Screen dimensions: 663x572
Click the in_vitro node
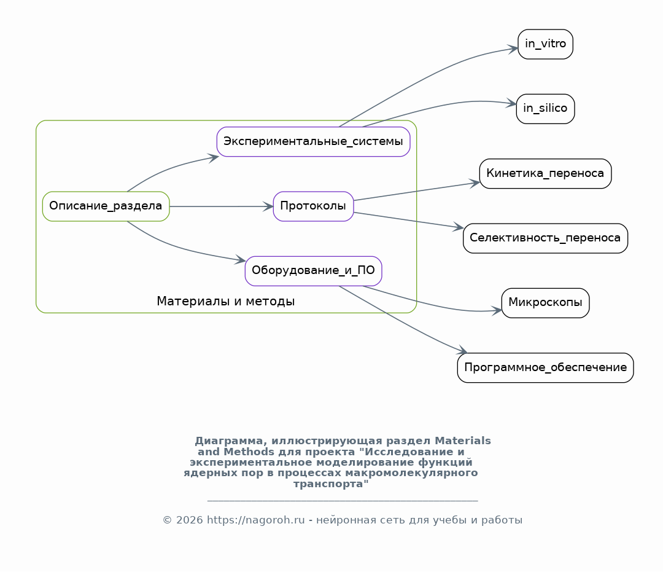(545, 44)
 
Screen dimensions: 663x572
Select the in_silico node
(545, 109)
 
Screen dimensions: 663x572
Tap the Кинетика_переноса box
(545, 173)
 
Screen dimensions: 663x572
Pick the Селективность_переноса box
(545, 238)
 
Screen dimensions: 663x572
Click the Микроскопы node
(545, 303)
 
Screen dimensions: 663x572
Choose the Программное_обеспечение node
(545, 367)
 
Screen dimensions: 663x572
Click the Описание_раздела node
(106, 206)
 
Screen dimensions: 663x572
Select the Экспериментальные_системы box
(313, 141)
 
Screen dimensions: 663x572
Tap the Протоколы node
(313, 206)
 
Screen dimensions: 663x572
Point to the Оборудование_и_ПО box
(313, 271)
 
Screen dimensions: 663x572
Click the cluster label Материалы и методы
(226, 301)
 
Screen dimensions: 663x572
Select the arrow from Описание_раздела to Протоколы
(221, 206)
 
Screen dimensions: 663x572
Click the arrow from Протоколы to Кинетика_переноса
(416, 191)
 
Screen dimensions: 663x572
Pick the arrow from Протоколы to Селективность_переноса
(408, 220)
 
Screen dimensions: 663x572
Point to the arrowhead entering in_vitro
(513, 49)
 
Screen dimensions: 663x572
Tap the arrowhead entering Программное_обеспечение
(462, 350)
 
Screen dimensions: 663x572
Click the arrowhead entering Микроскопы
(497, 310)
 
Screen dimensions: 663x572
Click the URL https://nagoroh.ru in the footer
(255, 520)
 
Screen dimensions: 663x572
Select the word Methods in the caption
(249, 452)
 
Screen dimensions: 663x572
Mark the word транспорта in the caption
(331, 484)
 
